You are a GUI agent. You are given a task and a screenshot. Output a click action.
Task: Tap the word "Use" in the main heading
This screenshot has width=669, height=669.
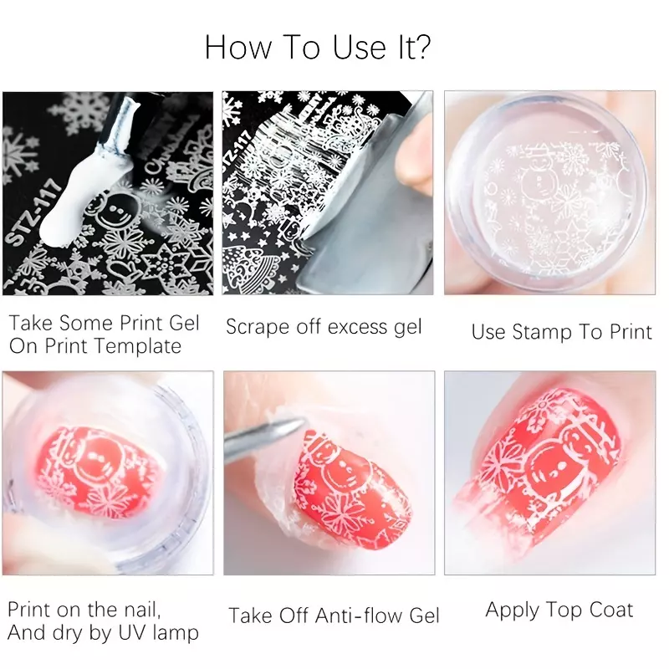pyautogui.click(x=359, y=47)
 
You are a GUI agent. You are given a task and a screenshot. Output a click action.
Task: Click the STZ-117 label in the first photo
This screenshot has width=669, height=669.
pyautogui.click(x=33, y=216)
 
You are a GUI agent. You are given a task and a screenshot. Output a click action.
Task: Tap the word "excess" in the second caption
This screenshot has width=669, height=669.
pyautogui.click(x=358, y=328)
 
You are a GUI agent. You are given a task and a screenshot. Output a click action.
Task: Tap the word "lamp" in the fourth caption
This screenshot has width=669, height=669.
pyautogui.click(x=176, y=633)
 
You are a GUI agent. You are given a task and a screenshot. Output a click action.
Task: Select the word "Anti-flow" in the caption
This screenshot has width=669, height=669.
pyautogui.click(x=360, y=615)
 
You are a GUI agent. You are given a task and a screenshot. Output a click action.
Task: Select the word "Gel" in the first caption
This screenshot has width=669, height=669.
pyautogui.click(x=184, y=324)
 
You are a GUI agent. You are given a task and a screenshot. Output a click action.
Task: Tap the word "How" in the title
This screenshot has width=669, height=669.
pyautogui.click(x=237, y=47)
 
